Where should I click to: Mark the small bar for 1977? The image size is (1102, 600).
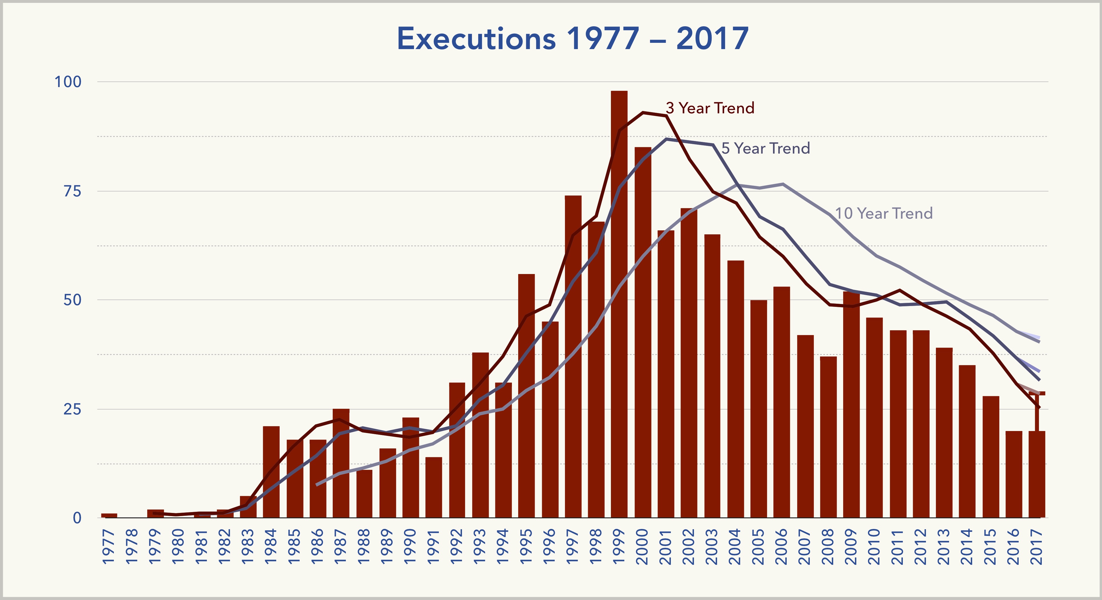109,515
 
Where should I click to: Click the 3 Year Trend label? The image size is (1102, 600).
710,108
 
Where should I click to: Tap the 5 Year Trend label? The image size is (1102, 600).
766,148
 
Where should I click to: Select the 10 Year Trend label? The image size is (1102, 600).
884,214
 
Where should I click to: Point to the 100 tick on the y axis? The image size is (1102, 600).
68,82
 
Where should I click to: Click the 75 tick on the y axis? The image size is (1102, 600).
72,191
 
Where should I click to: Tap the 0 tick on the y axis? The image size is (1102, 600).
77,518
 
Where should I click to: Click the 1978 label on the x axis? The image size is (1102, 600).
132,547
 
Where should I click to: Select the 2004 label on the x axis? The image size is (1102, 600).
735,547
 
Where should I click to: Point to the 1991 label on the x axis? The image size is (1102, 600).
434,547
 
